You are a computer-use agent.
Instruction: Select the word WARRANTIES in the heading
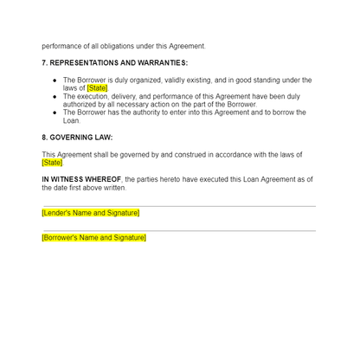click(x=160, y=63)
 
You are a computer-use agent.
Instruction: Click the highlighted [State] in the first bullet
click(x=97, y=87)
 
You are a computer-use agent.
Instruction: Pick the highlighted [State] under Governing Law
click(x=52, y=162)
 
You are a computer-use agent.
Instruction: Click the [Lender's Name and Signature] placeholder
click(x=90, y=212)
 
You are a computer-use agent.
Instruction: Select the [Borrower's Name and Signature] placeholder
click(x=93, y=237)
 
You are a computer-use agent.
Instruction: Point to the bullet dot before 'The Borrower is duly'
click(x=55, y=80)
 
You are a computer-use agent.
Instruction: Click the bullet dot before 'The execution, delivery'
click(x=55, y=96)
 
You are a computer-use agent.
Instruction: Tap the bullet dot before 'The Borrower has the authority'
click(x=55, y=112)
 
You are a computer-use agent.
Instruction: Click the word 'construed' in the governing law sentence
click(x=187, y=154)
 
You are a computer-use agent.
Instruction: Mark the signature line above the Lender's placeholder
click(x=178, y=206)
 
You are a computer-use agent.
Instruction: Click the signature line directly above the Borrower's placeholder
click(x=178, y=231)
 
